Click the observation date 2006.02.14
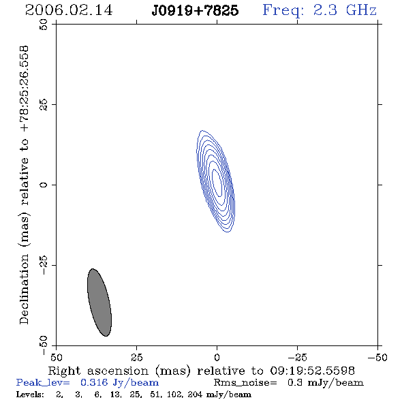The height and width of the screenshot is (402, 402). [x=69, y=10]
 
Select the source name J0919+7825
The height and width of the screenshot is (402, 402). [x=195, y=10]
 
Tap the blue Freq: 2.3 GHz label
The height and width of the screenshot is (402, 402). [x=320, y=10]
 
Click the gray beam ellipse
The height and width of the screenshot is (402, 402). [x=99, y=303]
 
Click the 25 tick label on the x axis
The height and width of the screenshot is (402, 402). [x=136, y=357]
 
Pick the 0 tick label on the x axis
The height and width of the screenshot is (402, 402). [x=217, y=357]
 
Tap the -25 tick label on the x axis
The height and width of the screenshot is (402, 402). [x=297, y=357]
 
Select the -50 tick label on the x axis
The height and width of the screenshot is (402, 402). [x=377, y=357]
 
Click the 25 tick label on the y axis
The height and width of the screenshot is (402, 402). [x=44, y=105]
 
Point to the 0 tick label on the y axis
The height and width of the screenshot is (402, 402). [x=44, y=185]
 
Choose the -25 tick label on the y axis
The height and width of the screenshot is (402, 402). [x=44, y=265]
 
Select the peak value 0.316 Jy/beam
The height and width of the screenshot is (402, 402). [x=119, y=382]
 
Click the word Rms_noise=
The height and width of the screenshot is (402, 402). [x=245, y=382]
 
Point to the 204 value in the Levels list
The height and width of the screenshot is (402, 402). [x=195, y=394]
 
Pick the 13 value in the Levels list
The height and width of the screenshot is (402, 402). [x=115, y=394]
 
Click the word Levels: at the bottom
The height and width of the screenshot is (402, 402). [x=30, y=394]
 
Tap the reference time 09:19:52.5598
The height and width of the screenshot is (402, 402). [x=312, y=371]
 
